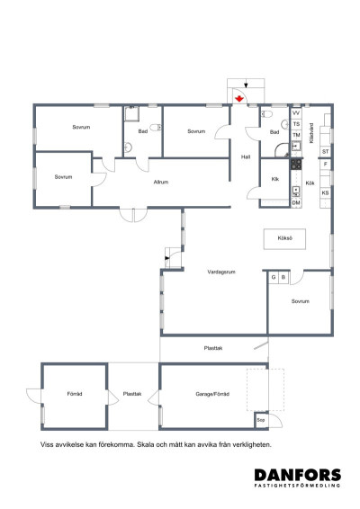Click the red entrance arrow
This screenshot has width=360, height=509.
point(239,98)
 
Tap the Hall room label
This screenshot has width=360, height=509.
point(246,156)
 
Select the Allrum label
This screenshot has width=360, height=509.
point(161,183)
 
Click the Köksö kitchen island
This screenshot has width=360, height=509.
point(284,239)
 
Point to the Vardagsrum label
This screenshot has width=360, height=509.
point(221,272)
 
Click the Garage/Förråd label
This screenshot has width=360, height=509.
point(212,394)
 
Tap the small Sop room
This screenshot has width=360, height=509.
point(261,420)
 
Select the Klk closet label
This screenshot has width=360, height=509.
point(274,179)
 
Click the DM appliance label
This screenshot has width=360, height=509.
point(296,203)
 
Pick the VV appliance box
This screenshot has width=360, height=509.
point(296,113)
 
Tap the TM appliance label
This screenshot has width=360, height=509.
point(296,135)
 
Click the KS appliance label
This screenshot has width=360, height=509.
point(325,192)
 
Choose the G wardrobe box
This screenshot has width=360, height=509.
point(274,278)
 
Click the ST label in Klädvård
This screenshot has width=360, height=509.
point(325,152)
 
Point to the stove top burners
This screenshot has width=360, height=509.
point(296,164)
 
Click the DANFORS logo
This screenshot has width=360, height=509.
point(298,478)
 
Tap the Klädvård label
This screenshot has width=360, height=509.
point(311,133)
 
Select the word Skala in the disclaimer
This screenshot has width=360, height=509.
point(146,444)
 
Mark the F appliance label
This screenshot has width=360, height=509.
point(326,165)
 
